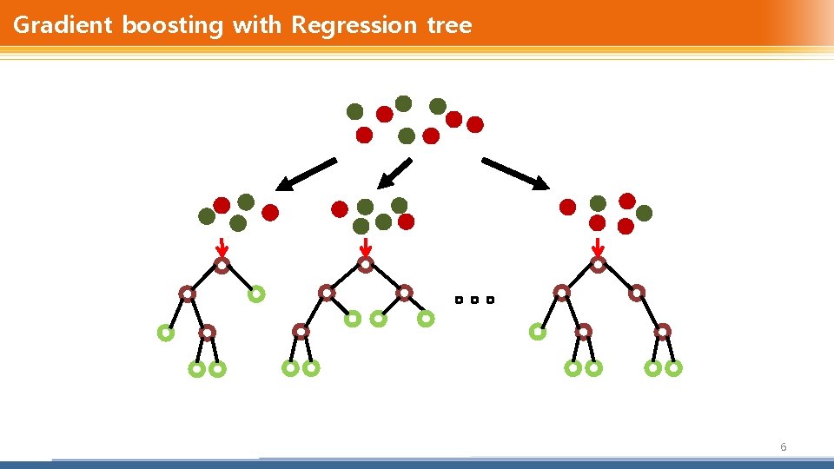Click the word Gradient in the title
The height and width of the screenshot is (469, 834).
pyautogui.click(x=63, y=25)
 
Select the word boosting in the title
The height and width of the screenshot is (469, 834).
pyautogui.click(x=172, y=25)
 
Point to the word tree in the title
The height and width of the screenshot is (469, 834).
pyautogui.click(x=449, y=25)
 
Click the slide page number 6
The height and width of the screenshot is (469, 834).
pyautogui.click(x=784, y=447)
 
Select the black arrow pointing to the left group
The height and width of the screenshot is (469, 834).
pyautogui.click(x=307, y=174)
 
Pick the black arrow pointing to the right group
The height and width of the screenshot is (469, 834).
pyautogui.click(x=515, y=174)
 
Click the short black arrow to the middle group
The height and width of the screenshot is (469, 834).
pyautogui.click(x=395, y=174)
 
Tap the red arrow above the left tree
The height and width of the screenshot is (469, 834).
pyautogui.click(x=222, y=247)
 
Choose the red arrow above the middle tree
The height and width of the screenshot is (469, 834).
pyautogui.click(x=366, y=247)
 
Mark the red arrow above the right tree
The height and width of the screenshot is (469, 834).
pyautogui.click(x=598, y=247)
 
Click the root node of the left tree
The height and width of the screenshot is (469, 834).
pyautogui.click(x=222, y=266)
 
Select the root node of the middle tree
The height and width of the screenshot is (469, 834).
pyautogui.click(x=366, y=264)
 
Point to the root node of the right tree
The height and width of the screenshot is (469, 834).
pyautogui.click(x=598, y=265)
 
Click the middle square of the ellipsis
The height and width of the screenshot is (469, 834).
pyautogui.click(x=474, y=301)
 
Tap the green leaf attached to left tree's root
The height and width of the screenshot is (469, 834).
pyautogui.click(x=255, y=294)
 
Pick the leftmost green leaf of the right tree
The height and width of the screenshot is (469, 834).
pyautogui.click(x=538, y=331)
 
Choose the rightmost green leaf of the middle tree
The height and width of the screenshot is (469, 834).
pyautogui.click(x=426, y=319)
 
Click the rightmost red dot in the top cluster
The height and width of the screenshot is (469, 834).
pyautogui.click(x=475, y=125)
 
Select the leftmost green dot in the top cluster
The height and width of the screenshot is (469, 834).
pyautogui.click(x=354, y=111)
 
